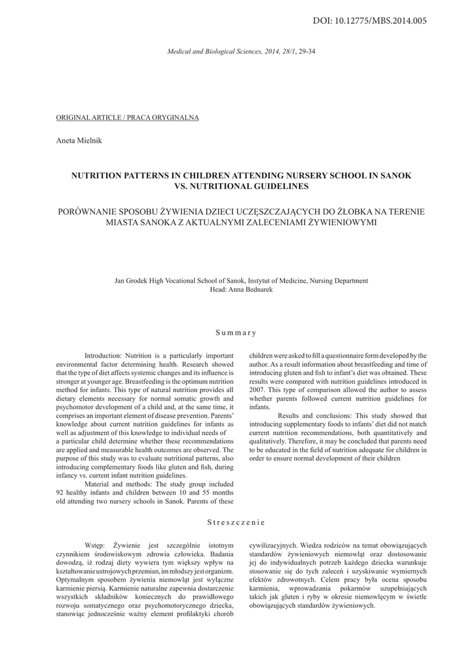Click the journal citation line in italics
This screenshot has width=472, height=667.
[242, 50]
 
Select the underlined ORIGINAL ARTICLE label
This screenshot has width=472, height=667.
[128, 117]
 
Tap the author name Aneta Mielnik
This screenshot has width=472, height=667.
[76, 140]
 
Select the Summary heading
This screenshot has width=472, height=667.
[236, 333]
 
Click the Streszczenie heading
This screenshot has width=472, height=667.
[236, 522]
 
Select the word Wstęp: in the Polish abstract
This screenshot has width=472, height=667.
[97, 545]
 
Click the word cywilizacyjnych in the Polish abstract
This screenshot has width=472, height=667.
[274, 545]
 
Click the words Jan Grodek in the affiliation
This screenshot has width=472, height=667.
[130, 281]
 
